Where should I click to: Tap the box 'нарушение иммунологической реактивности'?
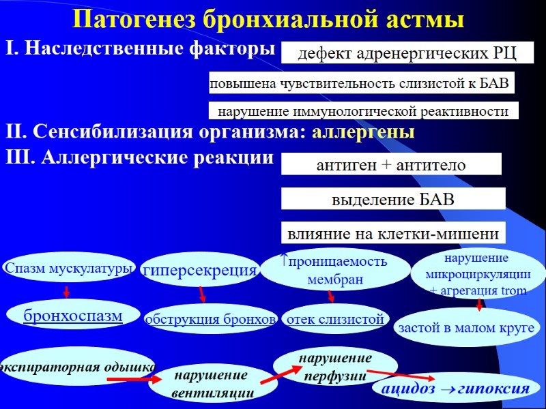(x=362, y=110)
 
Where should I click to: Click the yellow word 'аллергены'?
(x=363, y=133)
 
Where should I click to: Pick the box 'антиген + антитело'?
(x=391, y=165)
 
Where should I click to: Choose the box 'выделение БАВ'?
(x=393, y=200)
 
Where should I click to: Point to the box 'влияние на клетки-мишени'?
(x=393, y=234)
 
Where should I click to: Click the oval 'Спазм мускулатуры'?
(x=68, y=269)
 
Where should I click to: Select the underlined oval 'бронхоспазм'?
(x=73, y=316)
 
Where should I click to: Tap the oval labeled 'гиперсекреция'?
(x=199, y=271)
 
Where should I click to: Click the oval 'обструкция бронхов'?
(x=210, y=319)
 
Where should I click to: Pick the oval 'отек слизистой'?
(x=335, y=318)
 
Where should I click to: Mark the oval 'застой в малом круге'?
(x=465, y=328)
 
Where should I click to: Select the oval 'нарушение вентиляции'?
(x=213, y=384)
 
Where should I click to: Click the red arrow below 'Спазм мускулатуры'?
(x=66, y=292)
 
